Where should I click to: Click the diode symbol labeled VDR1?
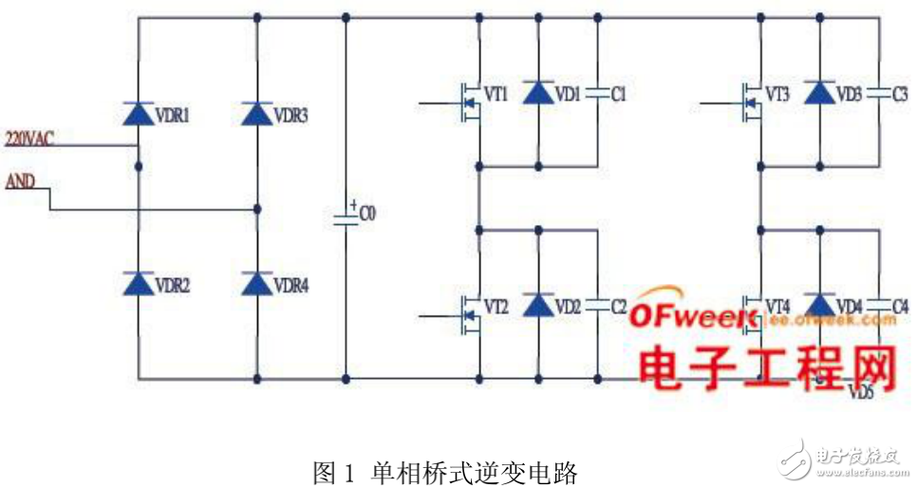(x=139, y=115)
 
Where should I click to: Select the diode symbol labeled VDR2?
(x=139, y=282)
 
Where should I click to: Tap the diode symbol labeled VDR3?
(x=257, y=115)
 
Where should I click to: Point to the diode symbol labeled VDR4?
(x=257, y=282)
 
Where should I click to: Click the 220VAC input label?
(x=30, y=138)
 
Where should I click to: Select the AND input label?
(x=20, y=179)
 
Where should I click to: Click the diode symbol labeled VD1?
(x=538, y=92)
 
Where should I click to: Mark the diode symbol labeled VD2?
(x=538, y=304)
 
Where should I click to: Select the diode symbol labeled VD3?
(x=819, y=92)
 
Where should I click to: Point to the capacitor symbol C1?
(x=597, y=93)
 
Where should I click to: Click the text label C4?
(x=900, y=307)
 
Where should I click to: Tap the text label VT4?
(x=777, y=307)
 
